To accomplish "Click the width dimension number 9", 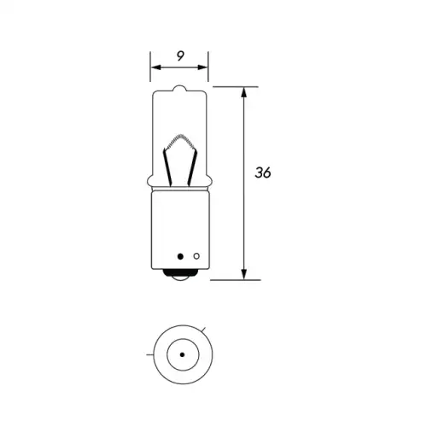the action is [180, 56].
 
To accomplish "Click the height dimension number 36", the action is [263, 173].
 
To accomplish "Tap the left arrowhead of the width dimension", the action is [156, 67].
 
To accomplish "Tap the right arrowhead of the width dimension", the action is [203, 67].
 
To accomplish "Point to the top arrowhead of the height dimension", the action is [244, 92].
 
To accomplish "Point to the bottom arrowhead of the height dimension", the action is [244, 274].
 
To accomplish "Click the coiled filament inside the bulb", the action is [179, 141].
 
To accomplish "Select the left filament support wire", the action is [167, 168].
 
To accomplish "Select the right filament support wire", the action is [192, 168].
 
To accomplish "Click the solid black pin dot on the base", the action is [180, 256].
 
